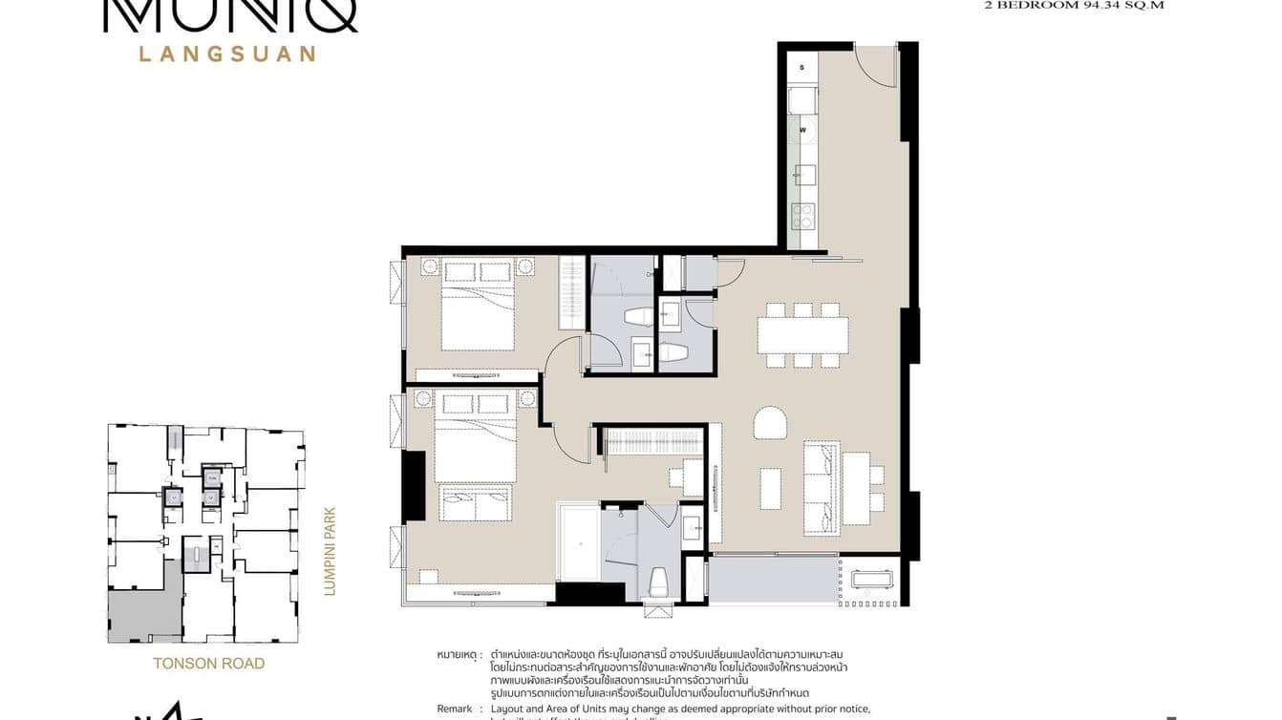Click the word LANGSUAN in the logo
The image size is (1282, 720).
pos(227,53)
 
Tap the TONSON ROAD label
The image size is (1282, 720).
pos(209,663)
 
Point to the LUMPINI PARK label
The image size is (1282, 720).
pos(331,551)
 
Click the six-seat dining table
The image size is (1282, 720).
pos(802,335)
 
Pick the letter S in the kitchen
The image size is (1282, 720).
pos(801,67)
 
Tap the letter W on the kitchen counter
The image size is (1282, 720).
pos(802,130)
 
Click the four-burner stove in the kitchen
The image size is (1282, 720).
pos(801,217)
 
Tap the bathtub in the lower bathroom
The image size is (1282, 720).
pos(579,543)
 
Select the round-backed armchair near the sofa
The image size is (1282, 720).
pos(769,423)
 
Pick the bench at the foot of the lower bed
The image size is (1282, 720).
pos(475,502)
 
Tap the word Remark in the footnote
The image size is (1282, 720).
pos(455,709)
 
